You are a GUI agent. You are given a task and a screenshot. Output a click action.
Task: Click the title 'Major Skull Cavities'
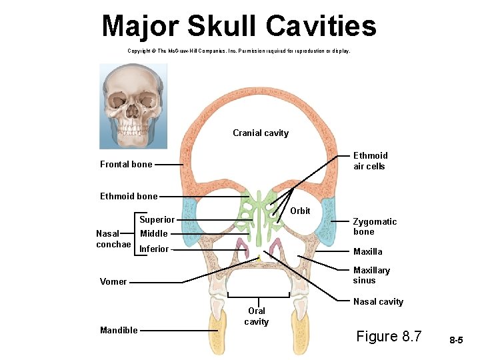point(239,26)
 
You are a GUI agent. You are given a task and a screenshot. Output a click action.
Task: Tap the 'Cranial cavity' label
point(261,133)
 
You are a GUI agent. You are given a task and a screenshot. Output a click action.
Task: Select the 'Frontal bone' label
point(126,164)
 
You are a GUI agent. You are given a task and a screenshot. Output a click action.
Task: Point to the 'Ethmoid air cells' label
point(369,161)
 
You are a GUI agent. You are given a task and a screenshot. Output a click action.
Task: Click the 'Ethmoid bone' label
point(129,196)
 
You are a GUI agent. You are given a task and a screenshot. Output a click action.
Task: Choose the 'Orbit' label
point(301,211)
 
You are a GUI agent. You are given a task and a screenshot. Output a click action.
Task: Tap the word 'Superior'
point(157,219)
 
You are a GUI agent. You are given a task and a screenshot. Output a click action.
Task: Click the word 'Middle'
point(153,233)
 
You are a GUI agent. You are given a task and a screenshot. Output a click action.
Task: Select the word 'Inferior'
point(154,249)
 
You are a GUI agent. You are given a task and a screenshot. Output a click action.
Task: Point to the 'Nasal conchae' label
point(113,239)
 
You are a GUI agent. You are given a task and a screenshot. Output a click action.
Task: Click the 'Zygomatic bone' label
point(374,227)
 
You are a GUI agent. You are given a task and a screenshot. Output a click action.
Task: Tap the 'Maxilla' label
point(367,251)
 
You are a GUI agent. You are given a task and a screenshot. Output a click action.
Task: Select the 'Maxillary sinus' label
point(371,275)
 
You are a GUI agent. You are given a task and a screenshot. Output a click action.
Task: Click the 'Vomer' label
point(113,281)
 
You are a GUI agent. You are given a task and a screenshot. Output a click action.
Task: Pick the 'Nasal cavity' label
point(378,301)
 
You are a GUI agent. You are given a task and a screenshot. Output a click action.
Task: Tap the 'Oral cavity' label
point(257,316)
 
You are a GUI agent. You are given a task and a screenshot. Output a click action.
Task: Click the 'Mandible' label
point(119,330)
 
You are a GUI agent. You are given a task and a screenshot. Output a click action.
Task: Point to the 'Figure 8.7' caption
point(389,336)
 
